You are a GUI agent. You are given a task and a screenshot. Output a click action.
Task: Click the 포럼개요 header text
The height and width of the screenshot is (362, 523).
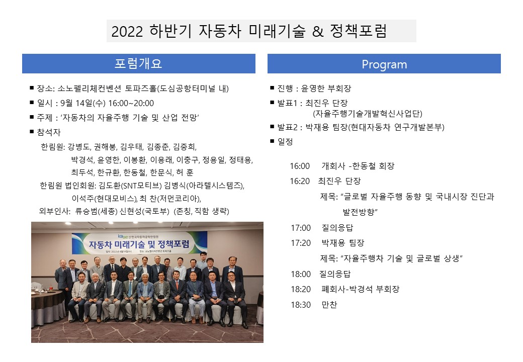click(138, 63)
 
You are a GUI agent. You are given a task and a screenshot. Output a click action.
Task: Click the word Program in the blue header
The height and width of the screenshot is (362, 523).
click(384, 64)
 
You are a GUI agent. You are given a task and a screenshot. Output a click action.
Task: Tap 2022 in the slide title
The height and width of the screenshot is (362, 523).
click(127, 32)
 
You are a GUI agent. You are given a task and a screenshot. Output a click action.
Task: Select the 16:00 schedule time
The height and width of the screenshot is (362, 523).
click(300, 166)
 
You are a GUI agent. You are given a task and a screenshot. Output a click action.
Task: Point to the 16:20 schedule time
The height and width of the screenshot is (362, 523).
click(300, 181)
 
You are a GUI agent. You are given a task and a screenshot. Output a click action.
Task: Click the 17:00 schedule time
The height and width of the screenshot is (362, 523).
click(301, 228)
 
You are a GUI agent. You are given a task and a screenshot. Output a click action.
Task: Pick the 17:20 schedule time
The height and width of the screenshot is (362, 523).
click(301, 243)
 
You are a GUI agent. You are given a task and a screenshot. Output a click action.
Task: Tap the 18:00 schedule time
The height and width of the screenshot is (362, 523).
click(301, 274)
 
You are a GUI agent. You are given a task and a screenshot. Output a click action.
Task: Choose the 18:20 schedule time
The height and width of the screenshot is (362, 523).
click(301, 289)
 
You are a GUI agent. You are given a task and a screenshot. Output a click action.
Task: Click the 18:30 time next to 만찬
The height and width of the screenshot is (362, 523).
click(301, 305)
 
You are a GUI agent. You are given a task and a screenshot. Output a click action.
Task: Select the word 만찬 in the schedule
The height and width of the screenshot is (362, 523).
click(329, 304)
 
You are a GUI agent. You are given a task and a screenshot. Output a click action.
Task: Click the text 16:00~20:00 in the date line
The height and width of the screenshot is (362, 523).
click(131, 104)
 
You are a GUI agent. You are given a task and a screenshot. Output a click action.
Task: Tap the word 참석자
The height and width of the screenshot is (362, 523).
click(49, 132)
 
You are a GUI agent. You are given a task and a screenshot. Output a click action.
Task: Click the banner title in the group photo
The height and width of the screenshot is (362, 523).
click(139, 244)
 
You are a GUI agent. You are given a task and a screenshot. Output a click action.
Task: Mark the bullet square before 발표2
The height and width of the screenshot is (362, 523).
click(272, 127)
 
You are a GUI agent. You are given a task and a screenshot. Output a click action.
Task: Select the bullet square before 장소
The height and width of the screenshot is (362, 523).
click(32, 88)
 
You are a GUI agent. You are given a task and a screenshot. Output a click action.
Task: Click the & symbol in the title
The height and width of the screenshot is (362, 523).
click(318, 32)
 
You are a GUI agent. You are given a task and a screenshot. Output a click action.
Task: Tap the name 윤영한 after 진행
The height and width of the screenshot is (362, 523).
click(312, 88)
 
